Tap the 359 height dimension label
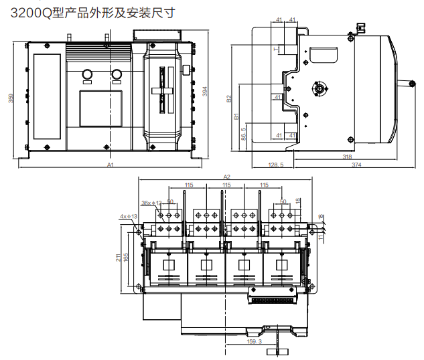tap(11, 98)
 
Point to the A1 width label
tap(111, 164)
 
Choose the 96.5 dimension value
tap(243, 134)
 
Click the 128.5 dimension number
tap(275, 164)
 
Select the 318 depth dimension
tap(347, 157)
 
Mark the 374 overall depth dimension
tap(360, 164)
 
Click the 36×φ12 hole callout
tap(151, 202)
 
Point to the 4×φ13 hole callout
tap(127, 216)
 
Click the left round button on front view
tap(86, 74)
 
